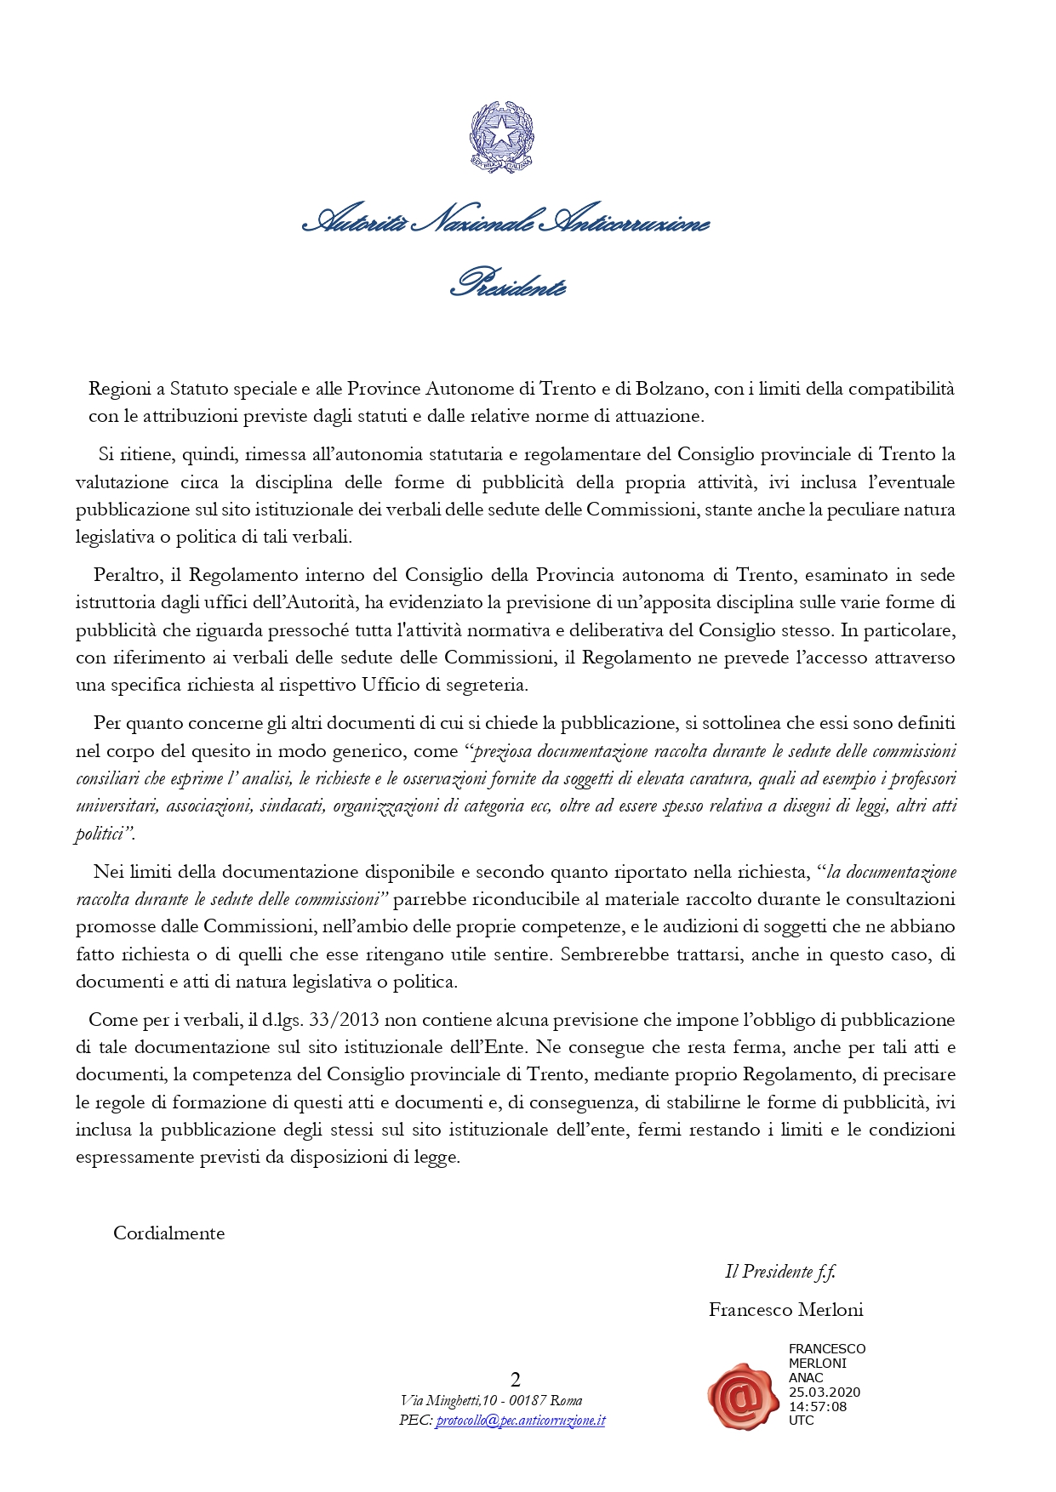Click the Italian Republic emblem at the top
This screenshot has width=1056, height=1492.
502,138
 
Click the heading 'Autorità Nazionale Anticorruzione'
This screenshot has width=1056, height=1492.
505,223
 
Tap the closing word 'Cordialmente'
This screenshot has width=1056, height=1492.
168,1233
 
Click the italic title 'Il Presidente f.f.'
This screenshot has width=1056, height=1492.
779,1272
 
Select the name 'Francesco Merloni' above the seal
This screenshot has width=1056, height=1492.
785,1310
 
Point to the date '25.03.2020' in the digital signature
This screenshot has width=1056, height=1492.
824,1392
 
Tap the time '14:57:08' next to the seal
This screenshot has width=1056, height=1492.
817,1406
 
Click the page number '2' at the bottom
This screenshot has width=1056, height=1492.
515,1380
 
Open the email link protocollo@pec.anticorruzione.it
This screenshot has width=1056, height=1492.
520,1421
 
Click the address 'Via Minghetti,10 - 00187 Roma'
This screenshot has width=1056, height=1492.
491,1401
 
